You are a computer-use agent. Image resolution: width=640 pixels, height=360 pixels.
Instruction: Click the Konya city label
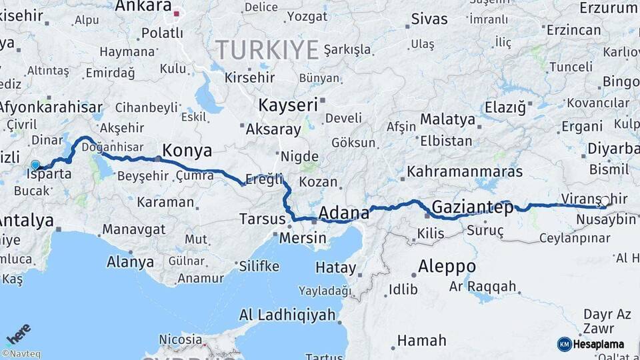click(187, 150)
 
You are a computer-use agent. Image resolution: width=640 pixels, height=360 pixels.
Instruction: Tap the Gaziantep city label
click(473, 207)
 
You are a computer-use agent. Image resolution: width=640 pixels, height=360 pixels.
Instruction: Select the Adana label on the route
click(344, 213)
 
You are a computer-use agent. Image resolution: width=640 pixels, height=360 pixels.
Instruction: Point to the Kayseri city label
click(288, 105)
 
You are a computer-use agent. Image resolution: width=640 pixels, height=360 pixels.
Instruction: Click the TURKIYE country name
click(267, 49)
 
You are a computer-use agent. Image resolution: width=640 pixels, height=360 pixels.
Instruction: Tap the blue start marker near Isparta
click(35, 165)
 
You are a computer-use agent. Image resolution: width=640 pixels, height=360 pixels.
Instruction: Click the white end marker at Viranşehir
click(605, 201)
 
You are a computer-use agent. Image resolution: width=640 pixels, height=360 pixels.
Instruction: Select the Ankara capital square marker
click(177, 13)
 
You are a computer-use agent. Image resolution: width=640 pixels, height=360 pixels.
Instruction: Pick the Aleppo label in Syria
click(447, 267)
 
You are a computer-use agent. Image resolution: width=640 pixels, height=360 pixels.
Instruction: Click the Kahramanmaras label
click(464, 171)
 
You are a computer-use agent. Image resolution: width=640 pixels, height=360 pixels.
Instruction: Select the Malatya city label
click(447, 120)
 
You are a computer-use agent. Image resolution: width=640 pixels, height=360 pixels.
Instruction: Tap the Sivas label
click(429, 19)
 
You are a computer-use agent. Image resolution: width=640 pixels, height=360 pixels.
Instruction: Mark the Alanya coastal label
click(131, 261)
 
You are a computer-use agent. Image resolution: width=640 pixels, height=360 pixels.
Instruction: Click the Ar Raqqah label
click(483, 287)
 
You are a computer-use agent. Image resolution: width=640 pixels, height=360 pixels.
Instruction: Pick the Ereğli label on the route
click(264, 179)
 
